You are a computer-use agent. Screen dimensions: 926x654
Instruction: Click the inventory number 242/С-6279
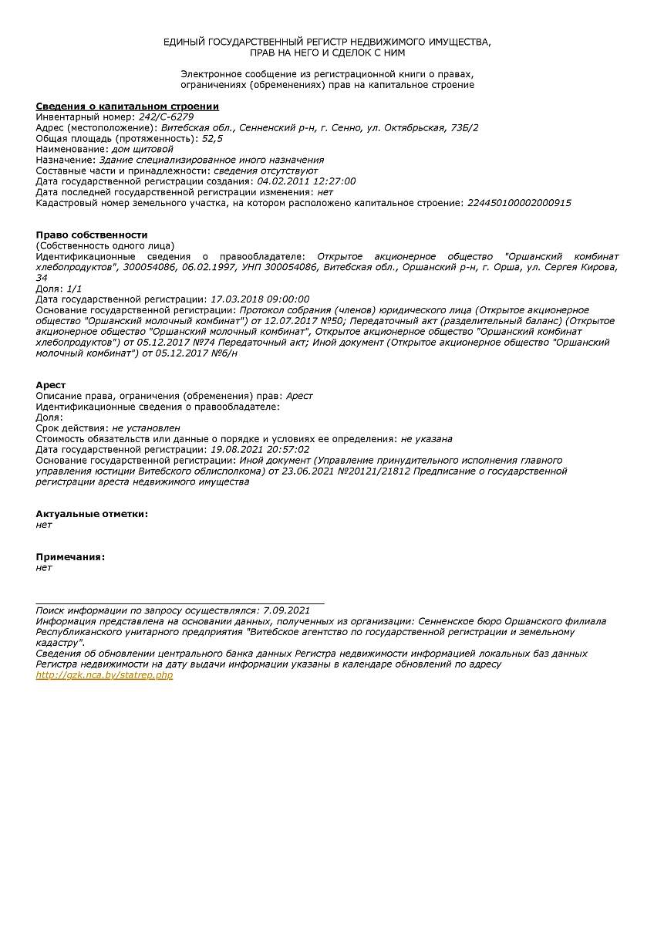[x=160, y=117]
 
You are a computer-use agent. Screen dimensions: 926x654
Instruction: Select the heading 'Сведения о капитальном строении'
[x=127, y=106]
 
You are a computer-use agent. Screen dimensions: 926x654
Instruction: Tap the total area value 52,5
[x=212, y=138]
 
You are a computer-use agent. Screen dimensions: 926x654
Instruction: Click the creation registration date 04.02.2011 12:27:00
[x=306, y=181]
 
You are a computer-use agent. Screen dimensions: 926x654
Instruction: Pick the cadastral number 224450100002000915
[x=519, y=203]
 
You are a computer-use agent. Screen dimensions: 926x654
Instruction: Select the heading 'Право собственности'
[x=91, y=235]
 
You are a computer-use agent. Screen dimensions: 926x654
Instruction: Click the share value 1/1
[x=75, y=289]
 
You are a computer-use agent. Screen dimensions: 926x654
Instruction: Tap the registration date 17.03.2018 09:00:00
[x=260, y=299]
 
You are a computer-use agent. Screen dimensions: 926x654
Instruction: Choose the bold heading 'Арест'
[x=51, y=385]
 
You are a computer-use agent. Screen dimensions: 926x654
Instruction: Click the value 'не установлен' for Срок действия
[x=146, y=428]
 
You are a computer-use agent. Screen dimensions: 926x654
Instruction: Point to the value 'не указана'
[x=426, y=439]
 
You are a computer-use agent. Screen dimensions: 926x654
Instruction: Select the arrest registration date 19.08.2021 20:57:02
[x=260, y=449]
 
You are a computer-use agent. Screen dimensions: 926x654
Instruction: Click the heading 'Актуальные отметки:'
[x=92, y=514]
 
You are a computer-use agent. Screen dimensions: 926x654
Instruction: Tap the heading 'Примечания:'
[x=70, y=557]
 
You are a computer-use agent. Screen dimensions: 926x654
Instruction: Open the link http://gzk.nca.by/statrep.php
[x=104, y=675]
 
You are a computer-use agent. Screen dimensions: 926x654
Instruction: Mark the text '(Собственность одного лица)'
[x=105, y=245]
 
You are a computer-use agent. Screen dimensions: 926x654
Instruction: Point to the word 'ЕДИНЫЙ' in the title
[x=182, y=42]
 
